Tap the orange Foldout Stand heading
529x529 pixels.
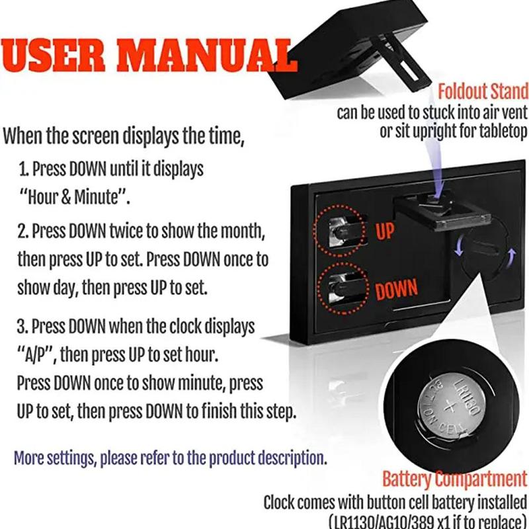[x=483, y=91]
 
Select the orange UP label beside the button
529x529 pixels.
[x=386, y=232]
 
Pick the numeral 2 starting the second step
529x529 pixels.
[x=22, y=232]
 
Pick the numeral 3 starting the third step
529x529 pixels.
[x=22, y=327]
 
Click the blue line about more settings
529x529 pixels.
[x=170, y=457]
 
